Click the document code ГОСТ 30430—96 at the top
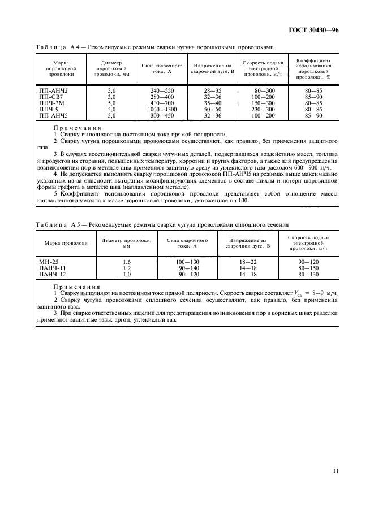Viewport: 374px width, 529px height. point(313,32)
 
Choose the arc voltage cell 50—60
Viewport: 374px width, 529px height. point(208,109)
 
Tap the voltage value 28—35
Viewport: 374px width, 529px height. point(208,90)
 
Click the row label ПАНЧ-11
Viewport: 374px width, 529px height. point(51,268)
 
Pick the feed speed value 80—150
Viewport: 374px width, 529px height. point(308,268)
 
